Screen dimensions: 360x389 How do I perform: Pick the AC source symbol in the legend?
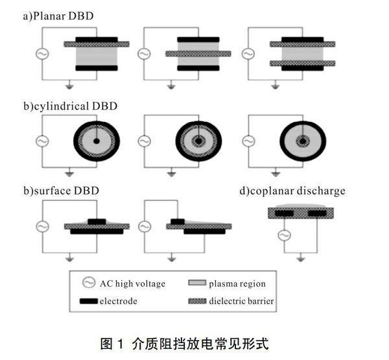click(x=90, y=283)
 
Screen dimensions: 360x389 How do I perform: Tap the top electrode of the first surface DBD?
click(x=97, y=222)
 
